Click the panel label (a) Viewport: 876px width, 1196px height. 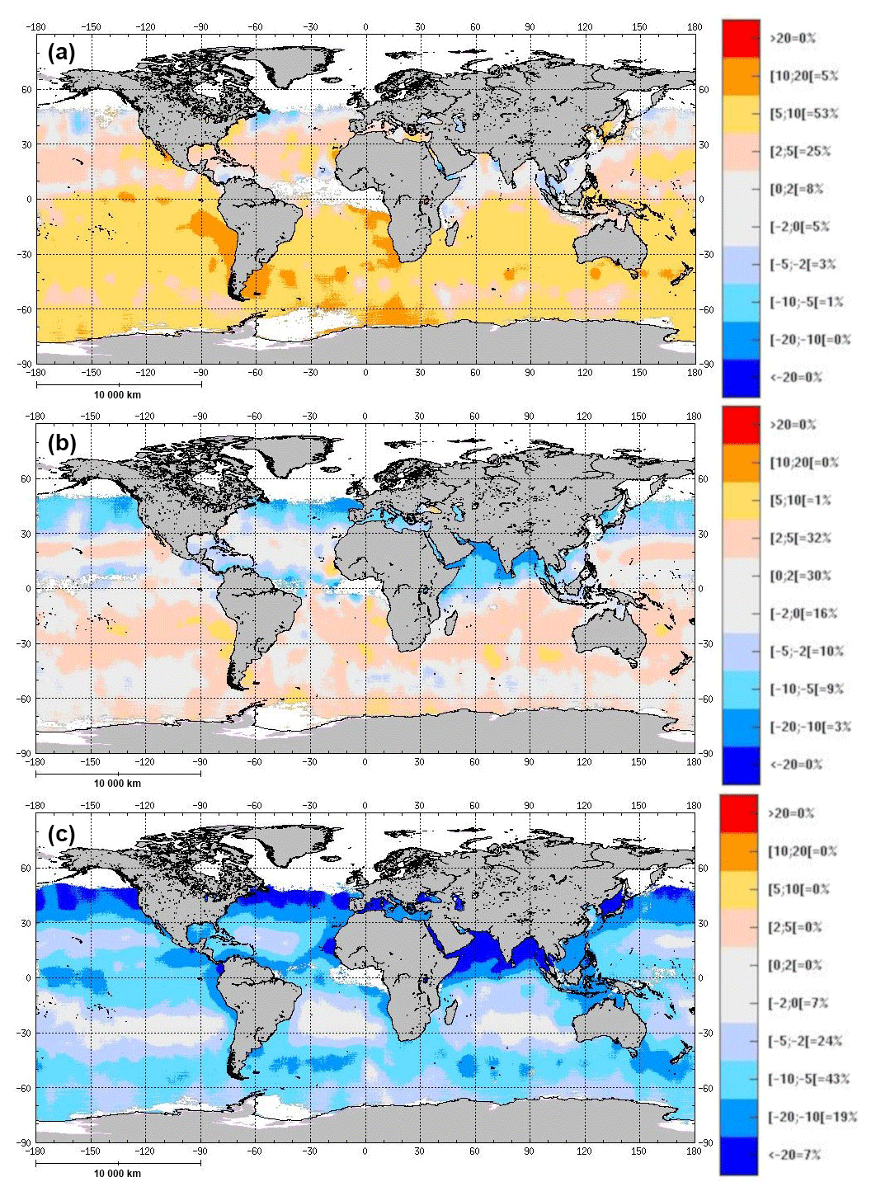tap(62, 54)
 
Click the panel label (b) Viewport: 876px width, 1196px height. tap(62, 443)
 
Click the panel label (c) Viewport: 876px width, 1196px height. tap(62, 833)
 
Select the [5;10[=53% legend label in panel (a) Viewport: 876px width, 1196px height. tap(803, 114)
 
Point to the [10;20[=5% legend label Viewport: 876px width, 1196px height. tap(803, 76)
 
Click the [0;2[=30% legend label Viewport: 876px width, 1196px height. tap(800, 576)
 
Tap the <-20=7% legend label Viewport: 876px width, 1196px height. tap(795, 1155)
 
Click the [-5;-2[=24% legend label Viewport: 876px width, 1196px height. tap(806, 1041)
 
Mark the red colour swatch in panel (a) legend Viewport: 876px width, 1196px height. tap(741, 38)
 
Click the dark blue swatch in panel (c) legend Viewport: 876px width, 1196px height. tap(739, 1155)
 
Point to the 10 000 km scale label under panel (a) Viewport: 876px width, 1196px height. tap(117, 395)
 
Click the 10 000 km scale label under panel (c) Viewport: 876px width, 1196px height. tap(117, 1174)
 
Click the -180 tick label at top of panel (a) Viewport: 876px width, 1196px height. tap(35, 26)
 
